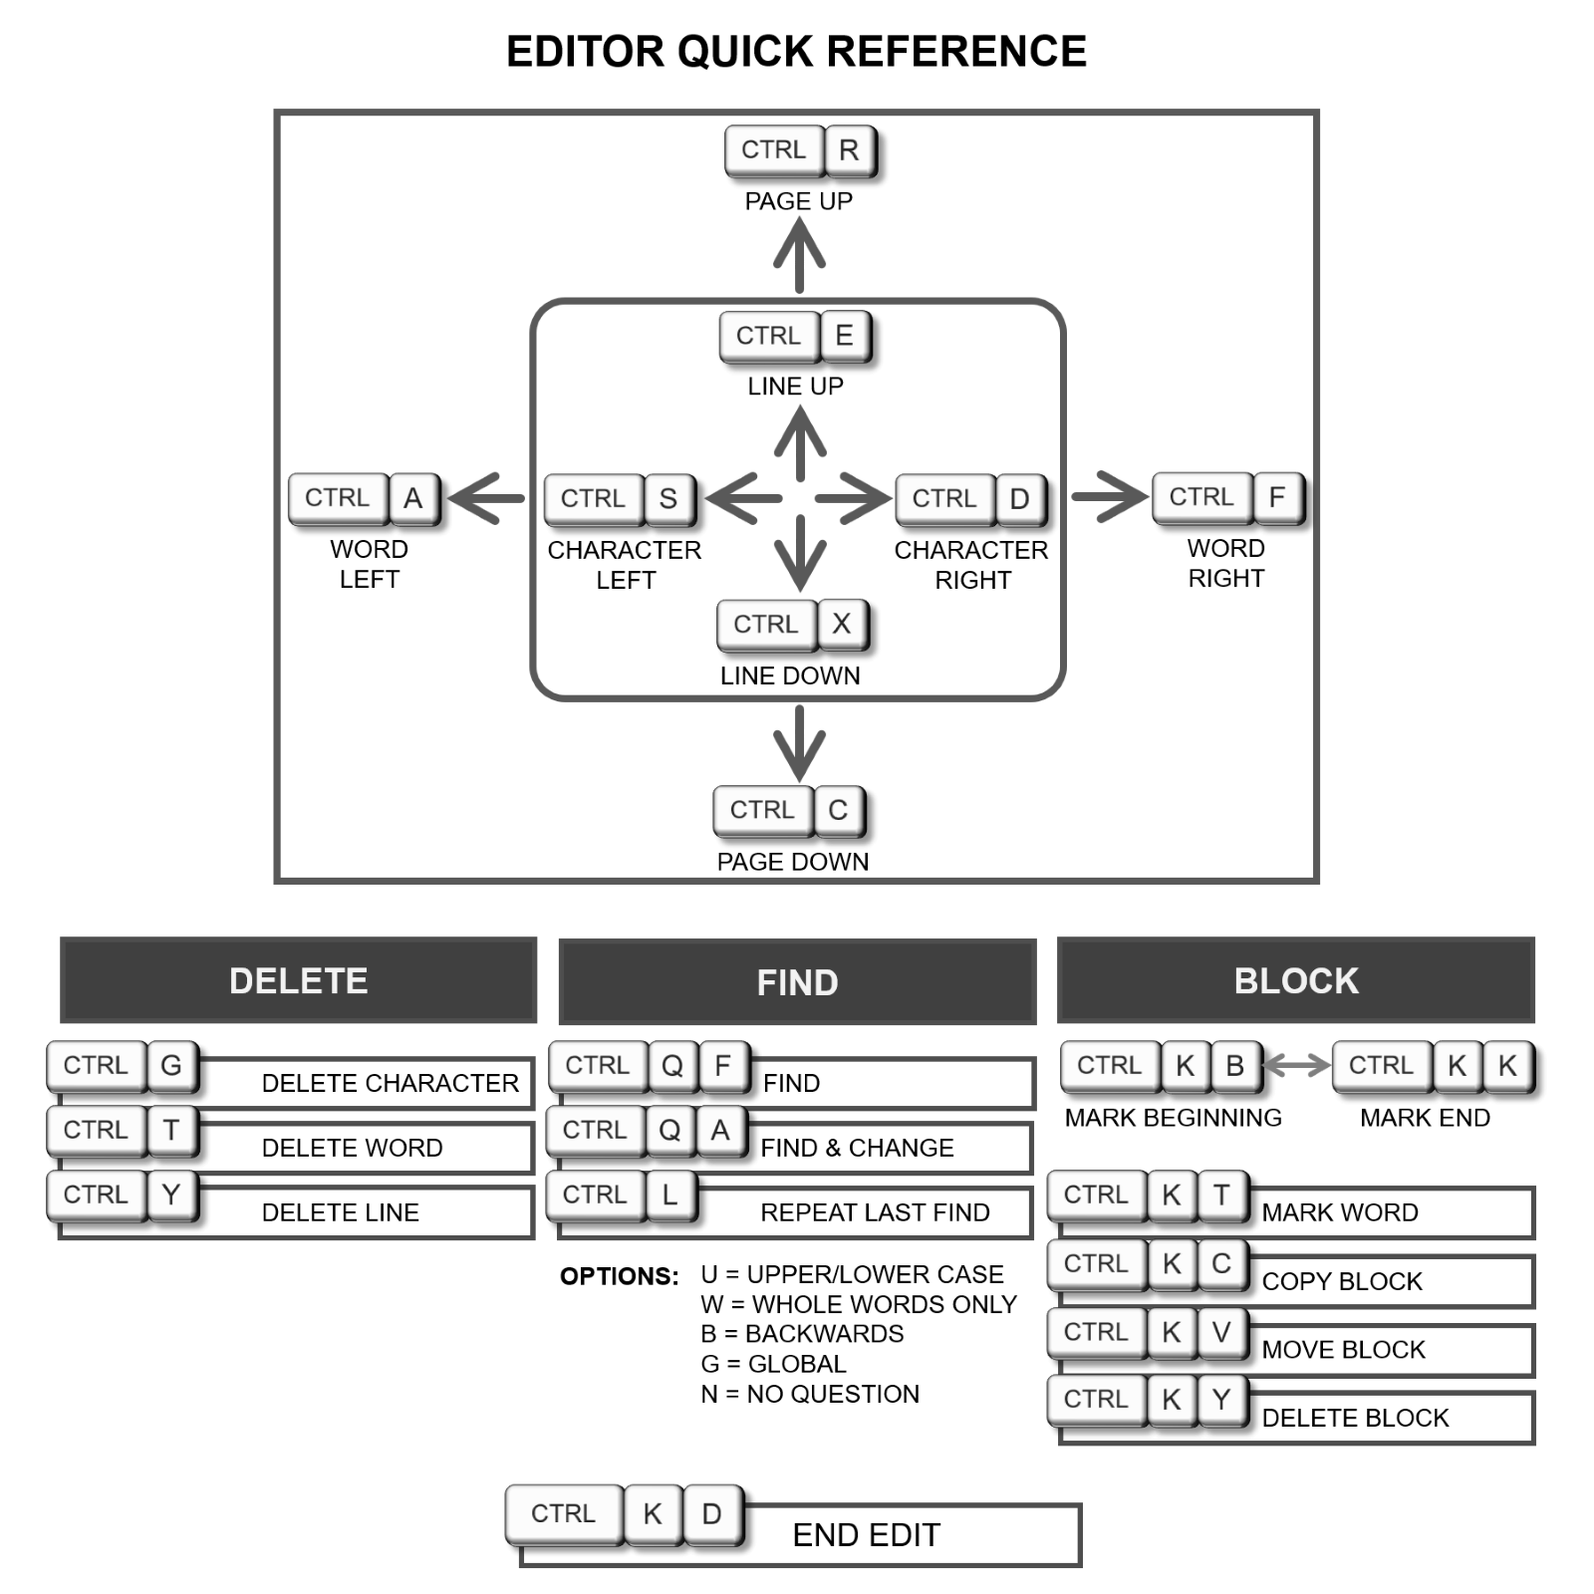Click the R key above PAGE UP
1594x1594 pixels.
(850, 150)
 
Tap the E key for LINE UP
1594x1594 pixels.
(845, 336)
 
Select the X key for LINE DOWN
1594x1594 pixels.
(842, 625)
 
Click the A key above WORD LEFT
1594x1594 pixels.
(413, 498)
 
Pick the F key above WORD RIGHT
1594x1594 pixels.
(1277, 497)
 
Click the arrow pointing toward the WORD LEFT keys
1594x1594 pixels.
(487, 498)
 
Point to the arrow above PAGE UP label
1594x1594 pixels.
(799, 255)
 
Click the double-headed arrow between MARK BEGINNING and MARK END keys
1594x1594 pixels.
(1297, 1065)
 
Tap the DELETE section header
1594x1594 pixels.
(299, 980)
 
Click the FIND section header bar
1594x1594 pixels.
(797, 981)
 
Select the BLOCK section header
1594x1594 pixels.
(1296, 980)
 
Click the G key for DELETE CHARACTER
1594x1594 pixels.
(171, 1066)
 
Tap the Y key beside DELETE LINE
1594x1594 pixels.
(171, 1195)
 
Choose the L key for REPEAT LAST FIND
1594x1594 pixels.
(670, 1195)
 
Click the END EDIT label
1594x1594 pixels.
(867, 1535)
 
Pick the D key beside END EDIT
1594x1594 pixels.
(712, 1514)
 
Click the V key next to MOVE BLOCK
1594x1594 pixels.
(1222, 1332)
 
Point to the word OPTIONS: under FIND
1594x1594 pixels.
(620, 1276)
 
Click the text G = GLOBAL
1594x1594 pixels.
(774, 1364)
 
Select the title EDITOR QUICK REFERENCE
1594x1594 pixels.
(797, 52)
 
